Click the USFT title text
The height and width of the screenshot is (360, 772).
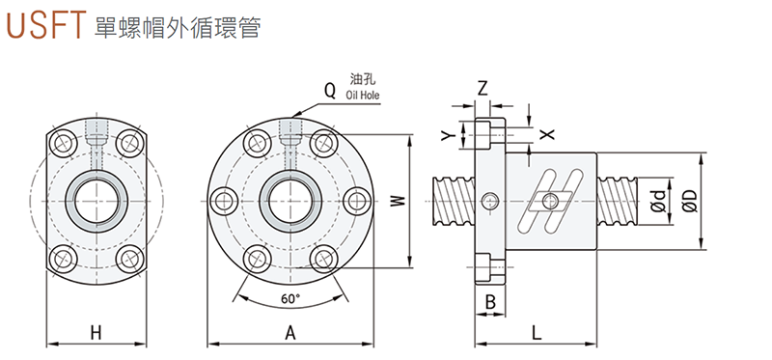pyautogui.click(x=43, y=25)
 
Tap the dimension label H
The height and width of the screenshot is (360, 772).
pyautogui.click(x=96, y=333)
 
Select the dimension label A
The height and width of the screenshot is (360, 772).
pyautogui.click(x=290, y=333)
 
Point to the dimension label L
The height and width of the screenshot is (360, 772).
pyautogui.click(x=537, y=333)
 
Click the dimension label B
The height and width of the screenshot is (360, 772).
pyautogui.click(x=490, y=302)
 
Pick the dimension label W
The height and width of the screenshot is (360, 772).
pyautogui.click(x=399, y=201)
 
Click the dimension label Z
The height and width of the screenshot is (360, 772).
pyautogui.click(x=483, y=89)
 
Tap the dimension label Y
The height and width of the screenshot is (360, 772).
pyautogui.click(x=447, y=135)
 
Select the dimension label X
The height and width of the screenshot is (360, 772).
pyautogui.click(x=547, y=134)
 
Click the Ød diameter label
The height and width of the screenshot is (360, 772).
pyautogui.click(x=659, y=202)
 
